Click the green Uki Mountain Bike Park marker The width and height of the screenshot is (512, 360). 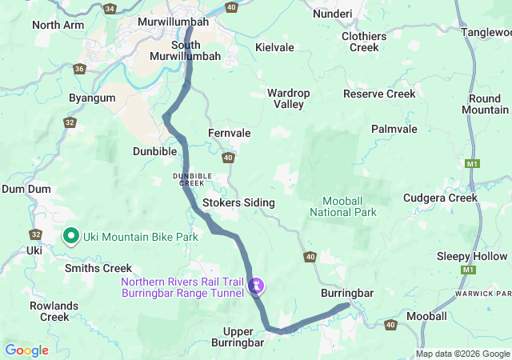tap(70, 235)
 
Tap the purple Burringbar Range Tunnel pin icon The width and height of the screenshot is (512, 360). tap(256, 284)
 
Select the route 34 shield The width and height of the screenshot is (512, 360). tap(110, 8)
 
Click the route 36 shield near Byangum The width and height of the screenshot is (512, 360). tap(79, 69)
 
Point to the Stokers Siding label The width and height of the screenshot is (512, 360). tap(238, 203)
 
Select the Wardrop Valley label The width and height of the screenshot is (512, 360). tap(288, 98)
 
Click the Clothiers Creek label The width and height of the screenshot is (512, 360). tap(364, 42)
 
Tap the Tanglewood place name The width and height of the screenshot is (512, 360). tap(486, 32)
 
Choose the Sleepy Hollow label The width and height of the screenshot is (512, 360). tap(471, 256)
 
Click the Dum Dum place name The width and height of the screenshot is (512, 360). tap(26, 189)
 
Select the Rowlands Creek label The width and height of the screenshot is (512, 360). tap(54, 311)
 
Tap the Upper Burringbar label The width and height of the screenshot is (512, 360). tap(238, 337)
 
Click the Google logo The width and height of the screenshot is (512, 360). tap(26, 350)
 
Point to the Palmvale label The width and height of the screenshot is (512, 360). tap(394, 129)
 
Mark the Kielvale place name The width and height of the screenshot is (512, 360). tap(274, 48)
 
